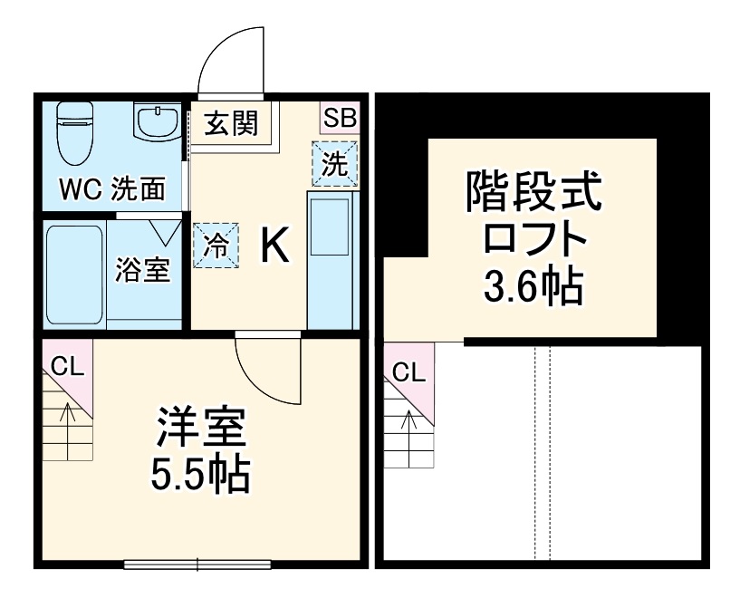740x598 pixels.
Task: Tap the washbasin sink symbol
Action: point(158,122)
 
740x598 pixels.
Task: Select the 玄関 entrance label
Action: point(230,123)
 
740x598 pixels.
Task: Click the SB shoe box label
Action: point(341,117)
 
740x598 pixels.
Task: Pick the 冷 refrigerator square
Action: point(216,245)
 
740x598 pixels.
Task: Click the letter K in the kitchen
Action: point(275,245)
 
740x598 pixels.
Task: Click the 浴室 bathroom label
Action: point(142,269)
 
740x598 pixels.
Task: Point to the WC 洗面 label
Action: point(112,189)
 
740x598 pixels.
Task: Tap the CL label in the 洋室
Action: point(65,367)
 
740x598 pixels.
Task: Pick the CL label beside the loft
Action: point(408,371)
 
